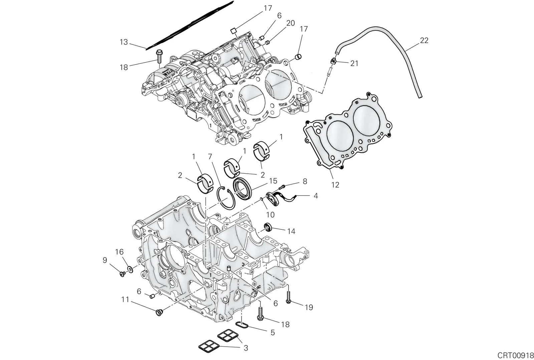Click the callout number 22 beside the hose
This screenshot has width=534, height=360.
tap(424, 40)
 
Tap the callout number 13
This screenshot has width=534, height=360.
tap(124, 42)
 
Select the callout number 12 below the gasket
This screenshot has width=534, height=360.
tap(335, 185)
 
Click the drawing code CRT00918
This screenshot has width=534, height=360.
tap(515, 355)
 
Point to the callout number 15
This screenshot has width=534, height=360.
tap(273, 181)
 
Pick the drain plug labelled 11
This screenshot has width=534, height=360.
tap(159, 312)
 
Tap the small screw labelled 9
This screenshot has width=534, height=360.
tap(123, 274)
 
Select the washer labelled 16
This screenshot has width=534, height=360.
tap(130, 269)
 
